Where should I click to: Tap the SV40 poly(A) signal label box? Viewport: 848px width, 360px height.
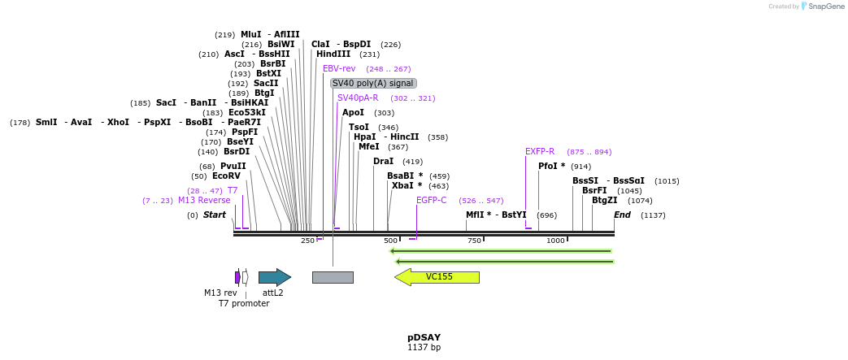point(373,83)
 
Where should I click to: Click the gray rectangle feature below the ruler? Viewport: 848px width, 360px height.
point(333,277)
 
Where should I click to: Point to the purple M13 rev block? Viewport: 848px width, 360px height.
point(237,277)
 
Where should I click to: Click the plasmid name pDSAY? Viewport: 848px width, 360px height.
point(424,337)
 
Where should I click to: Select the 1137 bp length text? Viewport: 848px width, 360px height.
point(424,348)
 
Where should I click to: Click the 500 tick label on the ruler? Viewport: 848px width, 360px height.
point(391,241)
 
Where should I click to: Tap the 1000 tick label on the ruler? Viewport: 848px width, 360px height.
point(556,241)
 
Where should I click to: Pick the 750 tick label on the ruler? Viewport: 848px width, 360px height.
point(474,241)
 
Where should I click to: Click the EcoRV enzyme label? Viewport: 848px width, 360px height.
point(226,176)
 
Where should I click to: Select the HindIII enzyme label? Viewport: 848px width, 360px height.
point(333,54)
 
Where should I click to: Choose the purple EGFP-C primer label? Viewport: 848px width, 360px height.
point(431,200)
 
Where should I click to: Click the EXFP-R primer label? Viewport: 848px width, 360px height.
point(540,151)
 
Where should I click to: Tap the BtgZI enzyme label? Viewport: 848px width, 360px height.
point(604,200)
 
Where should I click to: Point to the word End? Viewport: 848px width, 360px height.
point(622,215)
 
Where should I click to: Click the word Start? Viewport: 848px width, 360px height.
point(215,215)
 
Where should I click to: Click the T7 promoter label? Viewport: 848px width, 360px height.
point(243,303)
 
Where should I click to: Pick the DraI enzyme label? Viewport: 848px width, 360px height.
point(383,161)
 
